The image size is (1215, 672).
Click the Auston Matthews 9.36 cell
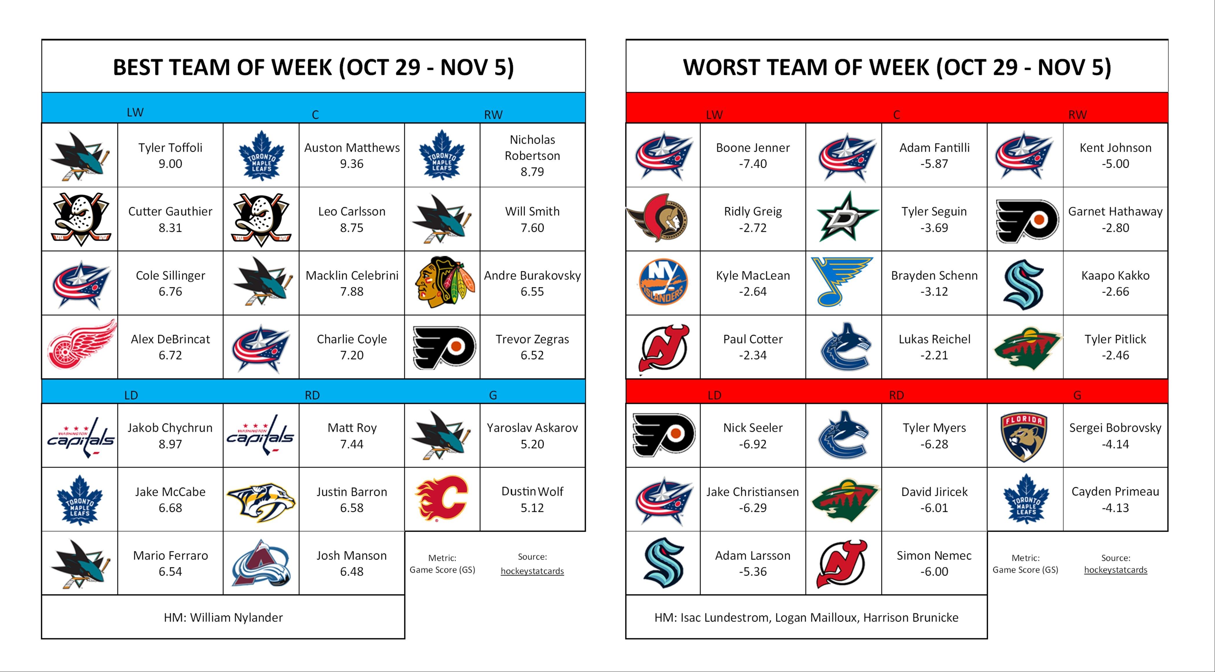pos(352,155)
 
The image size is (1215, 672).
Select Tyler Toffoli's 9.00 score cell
pos(170,155)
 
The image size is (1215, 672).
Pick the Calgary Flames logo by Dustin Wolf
pos(442,499)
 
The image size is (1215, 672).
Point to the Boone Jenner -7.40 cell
pos(753,155)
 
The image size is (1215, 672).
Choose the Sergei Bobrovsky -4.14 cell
pos(1115,435)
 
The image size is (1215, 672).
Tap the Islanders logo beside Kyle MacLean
pos(663,282)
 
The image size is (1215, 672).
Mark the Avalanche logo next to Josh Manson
pos(261,564)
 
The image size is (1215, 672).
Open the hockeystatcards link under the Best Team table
pos(532,571)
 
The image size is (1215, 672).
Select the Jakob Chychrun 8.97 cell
pos(170,435)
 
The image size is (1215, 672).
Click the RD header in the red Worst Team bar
pos(896,395)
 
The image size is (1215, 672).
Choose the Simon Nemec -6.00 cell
pos(934,563)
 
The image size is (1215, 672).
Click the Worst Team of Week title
pos(897,67)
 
